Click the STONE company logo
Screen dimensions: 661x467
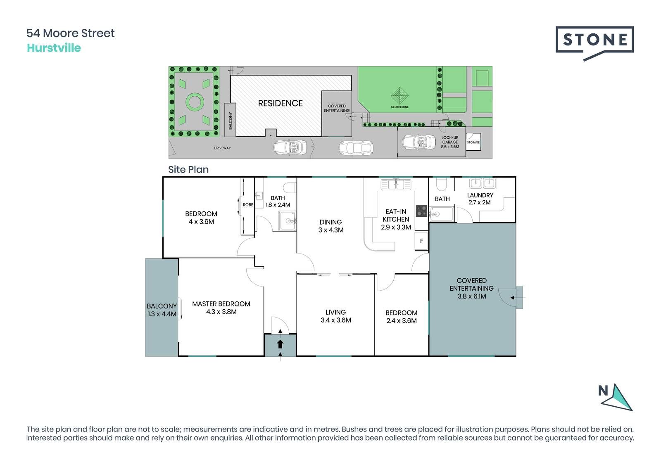[594, 43]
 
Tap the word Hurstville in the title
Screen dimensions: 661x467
[54, 48]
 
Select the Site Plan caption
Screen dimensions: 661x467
[188, 170]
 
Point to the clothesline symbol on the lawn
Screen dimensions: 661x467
[399, 95]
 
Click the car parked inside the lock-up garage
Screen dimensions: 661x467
[419, 142]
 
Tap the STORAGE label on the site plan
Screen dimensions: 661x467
[473, 142]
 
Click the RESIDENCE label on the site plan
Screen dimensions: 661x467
[281, 103]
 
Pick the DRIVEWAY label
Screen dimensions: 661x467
[223, 148]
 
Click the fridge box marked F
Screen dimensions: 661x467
[421, 241]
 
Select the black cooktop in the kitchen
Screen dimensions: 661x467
[421, 211]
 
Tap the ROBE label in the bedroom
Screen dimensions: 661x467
[248, 205]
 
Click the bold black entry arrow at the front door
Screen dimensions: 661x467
[280, 344]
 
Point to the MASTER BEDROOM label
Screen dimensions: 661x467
[221, 304]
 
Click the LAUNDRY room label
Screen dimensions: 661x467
[480, 195]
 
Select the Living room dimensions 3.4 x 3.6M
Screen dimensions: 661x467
[336, 320]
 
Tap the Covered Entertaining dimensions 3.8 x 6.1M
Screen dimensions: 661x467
[471, 296]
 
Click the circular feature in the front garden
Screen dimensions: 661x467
[195, 102]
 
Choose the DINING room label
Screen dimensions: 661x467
[330, 222]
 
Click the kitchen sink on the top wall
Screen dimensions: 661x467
[396, 185]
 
